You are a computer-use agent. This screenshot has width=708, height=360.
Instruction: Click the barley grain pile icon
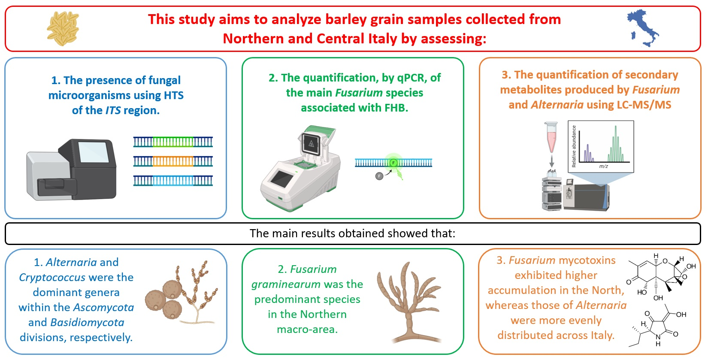click(63, 29)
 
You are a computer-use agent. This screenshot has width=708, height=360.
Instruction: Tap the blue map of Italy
click(643, 28)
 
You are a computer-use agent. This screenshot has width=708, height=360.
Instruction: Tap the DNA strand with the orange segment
click(173, 161)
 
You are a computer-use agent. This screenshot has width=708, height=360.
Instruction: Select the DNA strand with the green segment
click(173, 142)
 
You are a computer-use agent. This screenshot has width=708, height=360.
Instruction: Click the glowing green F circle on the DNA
click(393, 163)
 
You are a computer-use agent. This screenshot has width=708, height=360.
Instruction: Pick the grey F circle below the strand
click(379, 176)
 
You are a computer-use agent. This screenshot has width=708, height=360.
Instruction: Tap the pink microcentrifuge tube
click(551, 137)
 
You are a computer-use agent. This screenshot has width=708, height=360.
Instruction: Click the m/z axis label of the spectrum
click(603, 166)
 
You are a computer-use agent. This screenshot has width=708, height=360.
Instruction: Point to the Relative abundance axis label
click(574, 146)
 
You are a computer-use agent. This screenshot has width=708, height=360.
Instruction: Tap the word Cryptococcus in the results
click(52, 278)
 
